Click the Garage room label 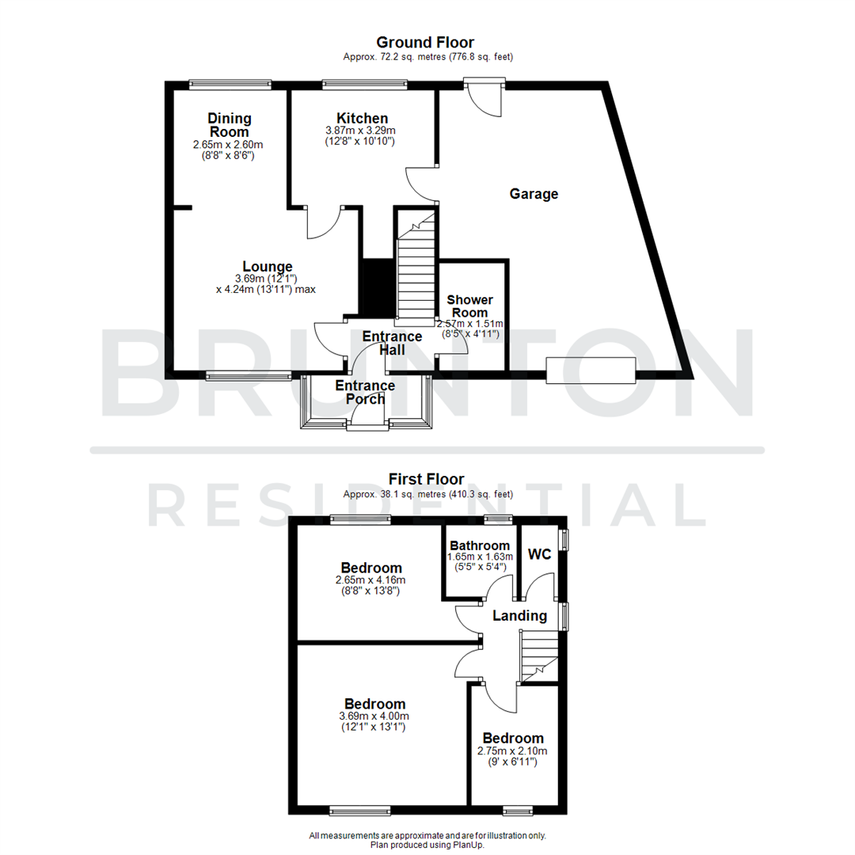click(534, 194)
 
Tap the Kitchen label click(362, 118)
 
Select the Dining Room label click(230, 125)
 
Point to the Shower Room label click(470, 306)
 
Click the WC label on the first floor click(540, 555)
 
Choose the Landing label click(519, 616)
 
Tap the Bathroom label click(480, 545)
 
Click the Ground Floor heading click(425, 42)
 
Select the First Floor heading click(426, 479)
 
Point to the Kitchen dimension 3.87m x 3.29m click(360, 131)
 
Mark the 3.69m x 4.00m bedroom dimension click(374, 716)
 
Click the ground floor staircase click(416, 265)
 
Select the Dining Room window click(230, 82)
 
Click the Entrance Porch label click(365, 392)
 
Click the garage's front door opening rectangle click(591, 370)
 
